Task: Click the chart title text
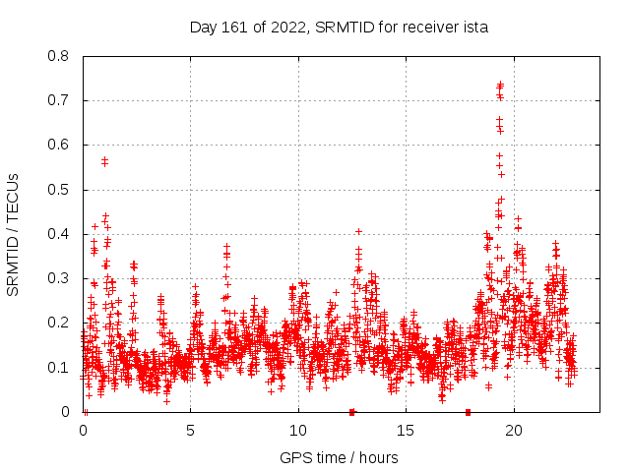pos(339,28)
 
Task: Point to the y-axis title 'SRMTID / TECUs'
pos(14,234)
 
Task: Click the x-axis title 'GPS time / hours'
pos(339,457)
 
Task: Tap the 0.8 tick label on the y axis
pos(60,56)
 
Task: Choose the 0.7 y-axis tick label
pos(60,100)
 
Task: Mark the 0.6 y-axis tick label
pos(60,145)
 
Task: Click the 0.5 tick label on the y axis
pos(60,190)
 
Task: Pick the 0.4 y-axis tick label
pos(60,234)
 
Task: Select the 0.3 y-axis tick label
pos(60,278)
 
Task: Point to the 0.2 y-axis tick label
pos(60,323)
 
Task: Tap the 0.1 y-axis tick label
pos(60,367)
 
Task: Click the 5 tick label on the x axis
pos(190,431)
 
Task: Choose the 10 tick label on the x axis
pos(297,431)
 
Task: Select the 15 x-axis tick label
pos(406,431)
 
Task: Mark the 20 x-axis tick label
pos(513,431)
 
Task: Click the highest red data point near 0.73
pos(500,85)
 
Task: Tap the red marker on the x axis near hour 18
pos(468,412)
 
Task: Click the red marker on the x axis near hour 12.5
pos(351,412)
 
